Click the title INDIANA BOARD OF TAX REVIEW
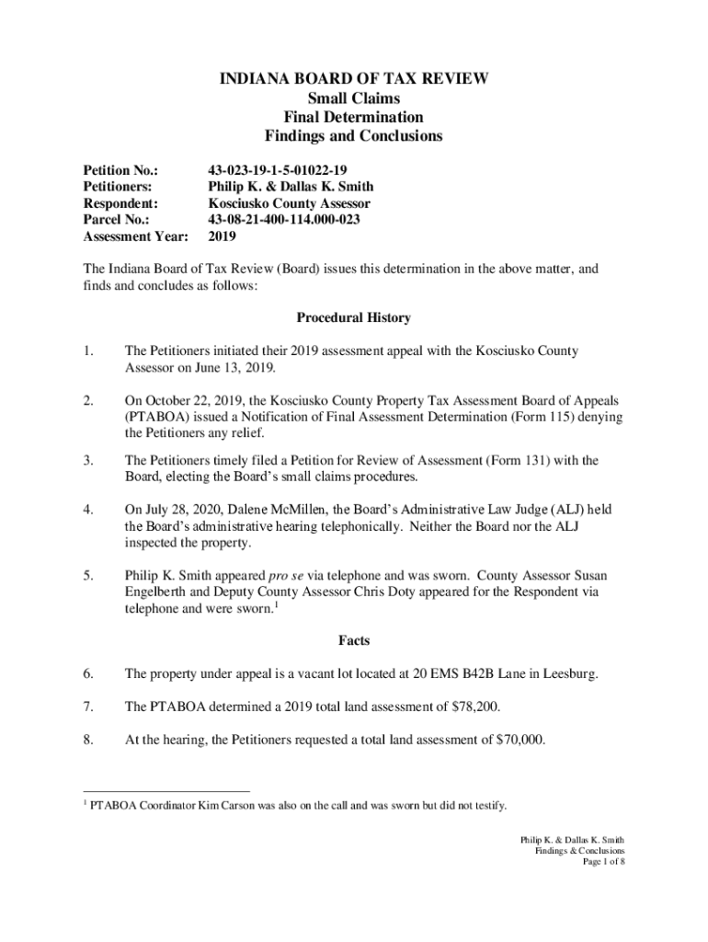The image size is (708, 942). click(353, 79)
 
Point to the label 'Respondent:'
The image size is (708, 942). click(121, 203)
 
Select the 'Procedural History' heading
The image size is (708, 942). click(353, 318)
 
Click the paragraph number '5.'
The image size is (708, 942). click(88, 575)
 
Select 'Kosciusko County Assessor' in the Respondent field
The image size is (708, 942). click(289, 203)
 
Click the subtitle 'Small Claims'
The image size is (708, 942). click(353, 98)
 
